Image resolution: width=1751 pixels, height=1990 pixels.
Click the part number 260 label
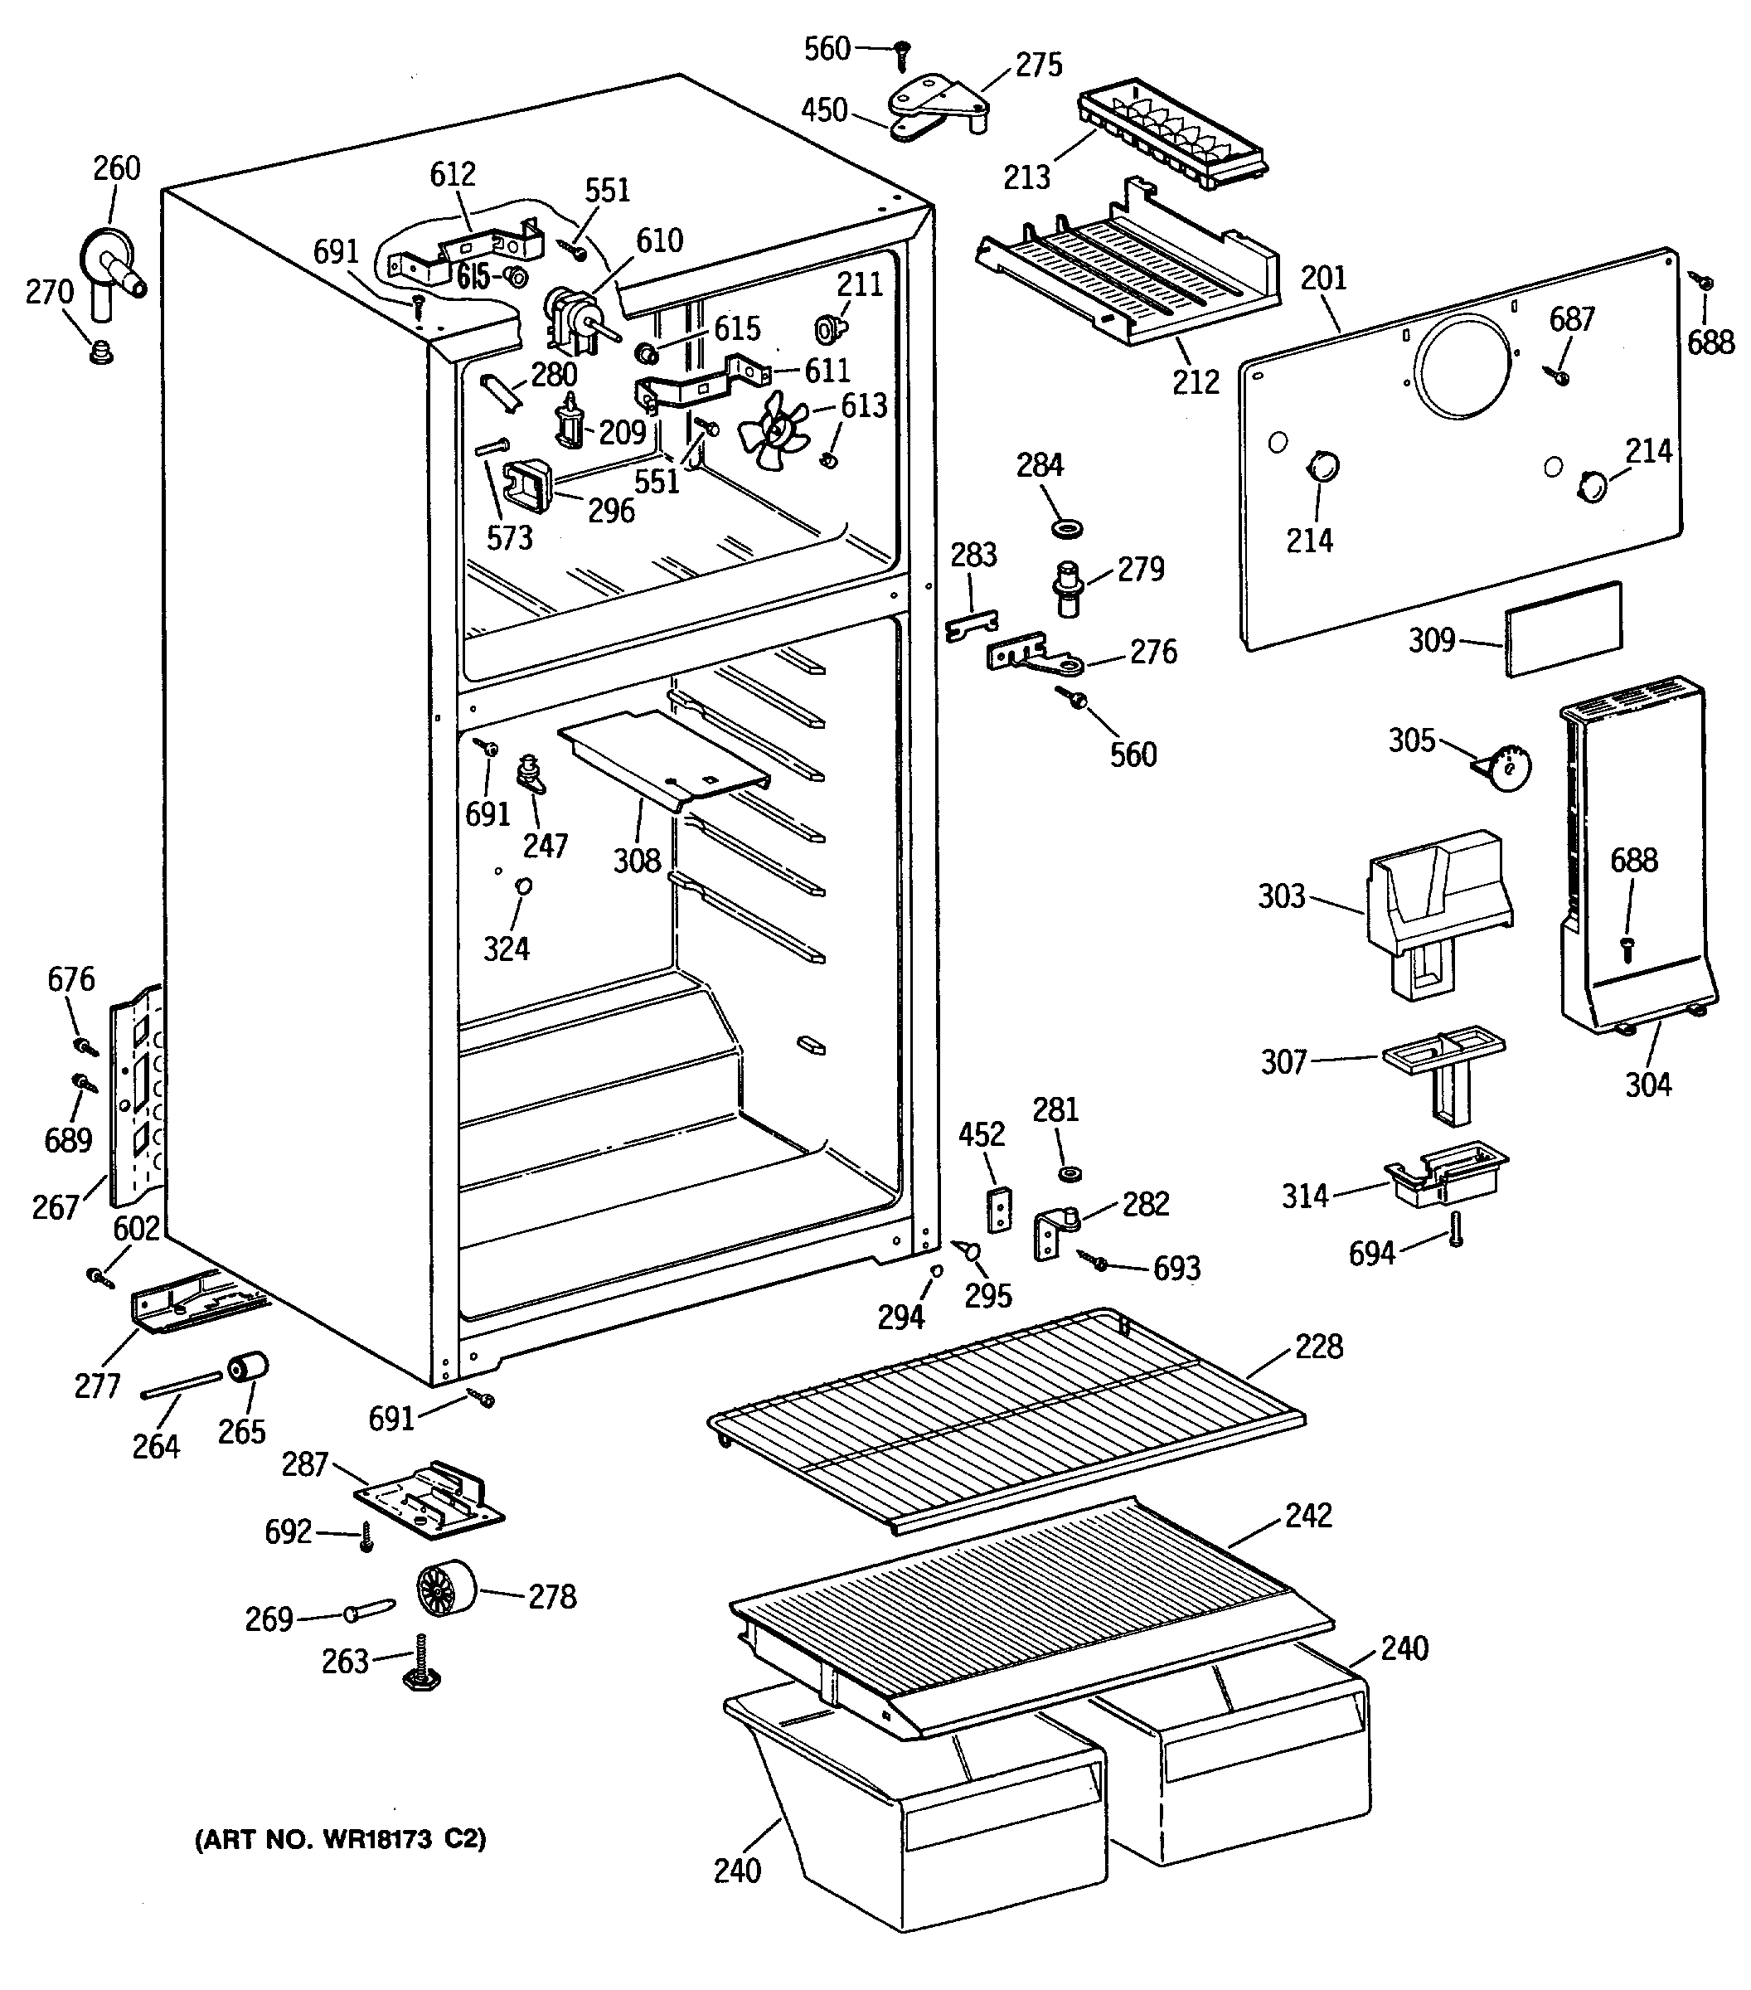tap(117, 168)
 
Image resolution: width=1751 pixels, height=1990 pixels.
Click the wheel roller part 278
tap(447, 1594)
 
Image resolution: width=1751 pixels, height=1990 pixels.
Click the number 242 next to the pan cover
tap(1307, 1515)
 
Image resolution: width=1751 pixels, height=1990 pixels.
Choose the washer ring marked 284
tap(1069, 529)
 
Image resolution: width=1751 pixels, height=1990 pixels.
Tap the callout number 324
tap(506, 949)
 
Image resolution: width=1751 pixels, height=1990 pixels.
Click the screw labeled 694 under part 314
tap(1456, 1229)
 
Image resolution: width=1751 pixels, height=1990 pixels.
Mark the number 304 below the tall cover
tap(1648, 1084)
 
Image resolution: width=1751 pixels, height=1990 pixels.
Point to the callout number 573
tap(509, 537)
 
